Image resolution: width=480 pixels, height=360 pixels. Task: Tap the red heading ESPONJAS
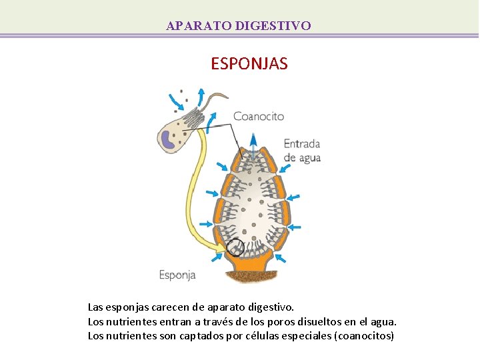click(x=249, y=64)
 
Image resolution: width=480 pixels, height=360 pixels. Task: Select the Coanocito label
click(x=259, y=116)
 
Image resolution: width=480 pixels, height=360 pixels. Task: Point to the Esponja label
click(x=177, y=274)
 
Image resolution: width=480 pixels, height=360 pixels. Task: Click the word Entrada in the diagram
click(x=302, y=143)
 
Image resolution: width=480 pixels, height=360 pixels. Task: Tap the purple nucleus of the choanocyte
click(x=167, y=139)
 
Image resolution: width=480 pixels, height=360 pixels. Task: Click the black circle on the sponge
click(x=235, y=249)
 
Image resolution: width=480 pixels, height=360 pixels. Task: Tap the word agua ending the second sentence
click(x=383, y=321)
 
